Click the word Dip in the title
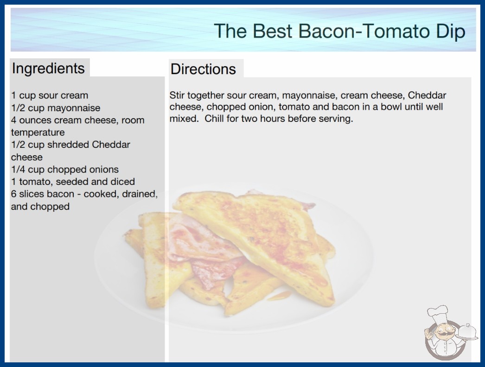[450, 32]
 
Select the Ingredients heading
[48, 69]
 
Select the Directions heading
[203, 69]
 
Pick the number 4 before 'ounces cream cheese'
[13, 120]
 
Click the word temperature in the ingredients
[38, 133]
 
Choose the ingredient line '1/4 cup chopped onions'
[65, 170]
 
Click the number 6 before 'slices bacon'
[13, 194]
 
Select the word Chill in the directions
[214, 119]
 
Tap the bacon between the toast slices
[201, 247]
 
